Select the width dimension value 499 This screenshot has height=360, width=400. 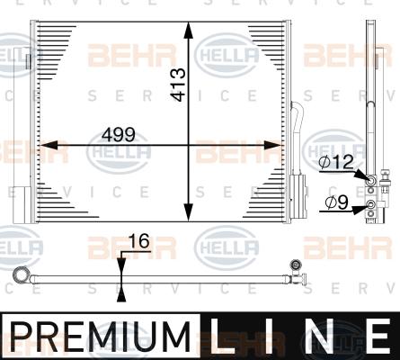pyautogui.click(x=117, y=134)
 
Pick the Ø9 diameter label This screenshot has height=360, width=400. pyautogui.click(x=336, y=202)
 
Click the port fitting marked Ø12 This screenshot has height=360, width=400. pyautogui.click(x=369, y=180)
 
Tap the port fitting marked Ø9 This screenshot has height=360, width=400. pyautogui.click(x=369, y=211)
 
